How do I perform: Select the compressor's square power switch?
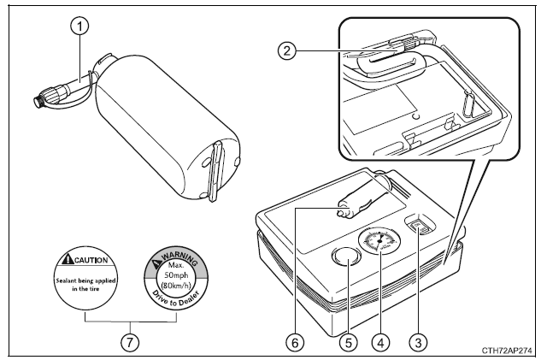418,227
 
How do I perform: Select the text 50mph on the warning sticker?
178,274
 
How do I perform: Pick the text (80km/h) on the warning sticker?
178,286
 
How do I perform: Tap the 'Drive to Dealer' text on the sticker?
177,300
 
